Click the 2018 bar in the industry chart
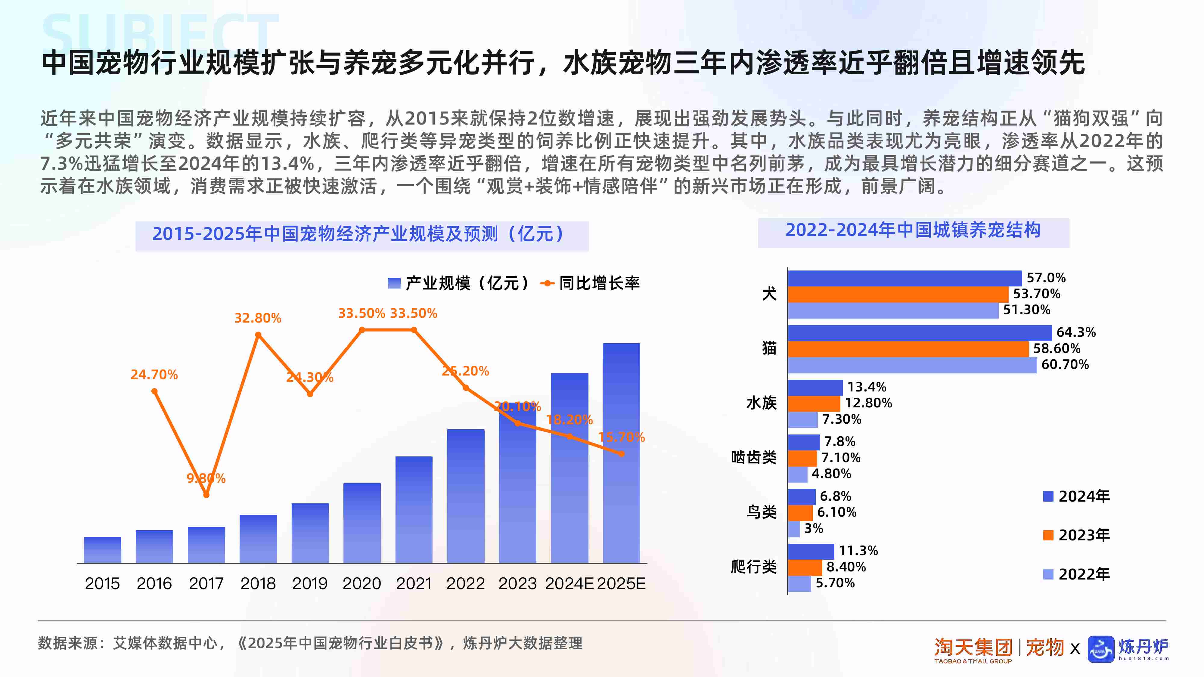click(258, 539)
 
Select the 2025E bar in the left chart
click(621, 453)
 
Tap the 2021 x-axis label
click(414, 583)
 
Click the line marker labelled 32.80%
click(258, 335)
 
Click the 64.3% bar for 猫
click(919, 333)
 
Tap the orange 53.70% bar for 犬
click(897, 294)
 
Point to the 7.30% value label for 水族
click(841, 419)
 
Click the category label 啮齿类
click(753, 457)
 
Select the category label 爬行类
click(753, 567)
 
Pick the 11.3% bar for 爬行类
click(811, 551)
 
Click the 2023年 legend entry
click(1076, 535)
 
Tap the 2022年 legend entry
click(1076, 574)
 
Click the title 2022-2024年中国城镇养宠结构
click(913, 231)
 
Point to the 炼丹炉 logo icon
click(1101, 649)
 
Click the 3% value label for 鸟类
click(813, 528)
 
